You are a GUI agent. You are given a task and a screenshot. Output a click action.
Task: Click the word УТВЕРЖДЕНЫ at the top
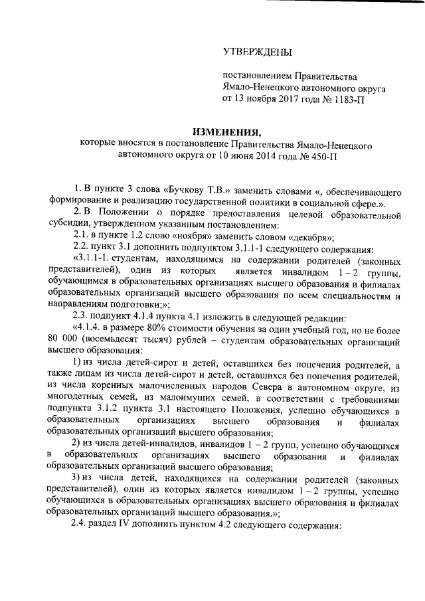point(256,52)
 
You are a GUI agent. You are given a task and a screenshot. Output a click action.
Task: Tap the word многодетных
point(74,400)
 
